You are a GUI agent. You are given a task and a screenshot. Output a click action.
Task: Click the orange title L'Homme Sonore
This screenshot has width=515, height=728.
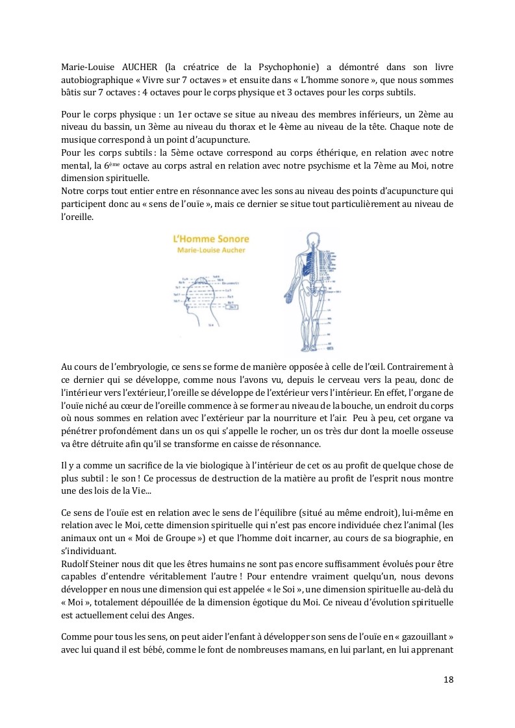click(x=205, y=240)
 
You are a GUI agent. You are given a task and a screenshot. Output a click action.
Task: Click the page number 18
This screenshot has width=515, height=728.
click(x=448, y=680)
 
